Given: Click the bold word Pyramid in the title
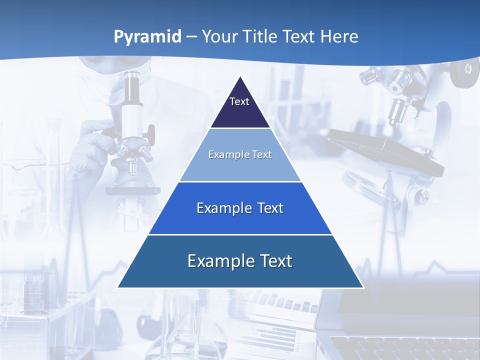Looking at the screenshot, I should pyautogui.click(x=147, y=37).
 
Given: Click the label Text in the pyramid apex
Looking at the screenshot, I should pyautogui.click(x=239, y=101).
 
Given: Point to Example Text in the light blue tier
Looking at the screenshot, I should pyautogui.click(x=240, y=154).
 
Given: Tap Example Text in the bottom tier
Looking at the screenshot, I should pyautogui.click(x=240, y=261).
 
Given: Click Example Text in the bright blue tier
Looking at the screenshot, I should pyautogui.click(x=240, y=208).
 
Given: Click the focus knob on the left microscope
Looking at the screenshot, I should pyautogui.click(x=149, y=133).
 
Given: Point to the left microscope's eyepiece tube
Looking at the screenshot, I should pyautogui.click(x=132, y=95).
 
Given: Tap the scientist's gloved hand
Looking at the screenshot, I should pyautogui.click(x=92, y=145).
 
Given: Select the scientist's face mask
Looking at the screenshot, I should pyautogui.click(x=107, y=82).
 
